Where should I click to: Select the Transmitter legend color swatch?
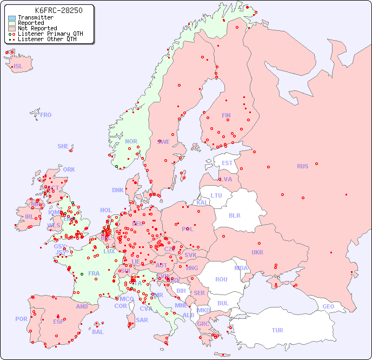click(x=12, y=18)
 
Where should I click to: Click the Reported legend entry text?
click(x=31, y=23)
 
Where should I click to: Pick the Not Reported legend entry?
click(x=37, y=29)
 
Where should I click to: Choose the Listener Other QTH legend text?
click(x=46, y=39)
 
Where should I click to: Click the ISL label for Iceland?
click(x=18, y=67)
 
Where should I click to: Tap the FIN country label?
click(x=226, y=115)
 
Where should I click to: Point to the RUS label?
click(x=302, y=166)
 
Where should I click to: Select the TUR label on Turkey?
click(x=277, y=330)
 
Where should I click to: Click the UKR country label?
click(x=257, y=252)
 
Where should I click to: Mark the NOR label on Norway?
click(x=131, y=141)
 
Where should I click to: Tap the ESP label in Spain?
click(x=58, y=322)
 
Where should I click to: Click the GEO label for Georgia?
click(x=328, y=306)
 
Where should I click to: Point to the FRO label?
click(x=46, y=115)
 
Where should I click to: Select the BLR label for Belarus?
click(x=235, y=215)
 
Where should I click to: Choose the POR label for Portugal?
click(x=21, y=319)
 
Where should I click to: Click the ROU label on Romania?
click(x=221, y=279)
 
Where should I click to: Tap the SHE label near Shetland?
click(x=63, y=146)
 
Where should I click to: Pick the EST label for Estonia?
click(x=227, y=163)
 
